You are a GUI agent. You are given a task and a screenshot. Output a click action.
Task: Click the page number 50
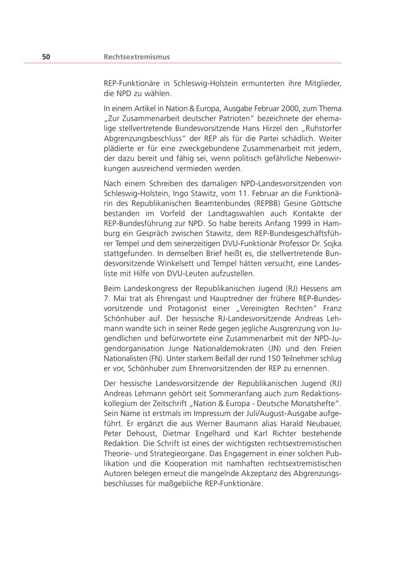coord(46,57)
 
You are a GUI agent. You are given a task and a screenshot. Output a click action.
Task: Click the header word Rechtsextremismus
coord(136,57)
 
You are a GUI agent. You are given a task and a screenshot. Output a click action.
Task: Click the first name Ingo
coord(185,193)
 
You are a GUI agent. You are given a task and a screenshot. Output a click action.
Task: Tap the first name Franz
coord(332,308)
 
